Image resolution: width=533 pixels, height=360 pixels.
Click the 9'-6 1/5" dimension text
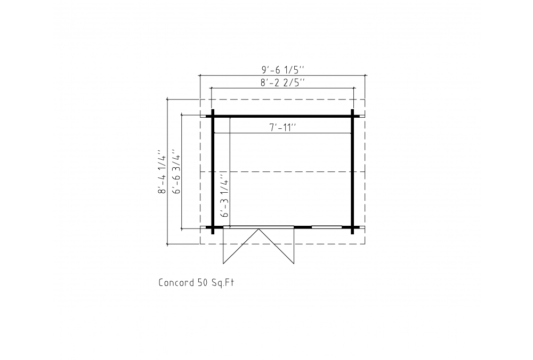283,70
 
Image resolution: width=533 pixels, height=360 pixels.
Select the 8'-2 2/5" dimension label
282,83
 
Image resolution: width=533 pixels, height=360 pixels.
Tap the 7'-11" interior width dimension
283,128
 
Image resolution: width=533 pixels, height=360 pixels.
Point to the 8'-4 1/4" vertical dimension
163,171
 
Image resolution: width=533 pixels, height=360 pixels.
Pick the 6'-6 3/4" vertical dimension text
177,171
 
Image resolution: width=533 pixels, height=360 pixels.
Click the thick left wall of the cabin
213,171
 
